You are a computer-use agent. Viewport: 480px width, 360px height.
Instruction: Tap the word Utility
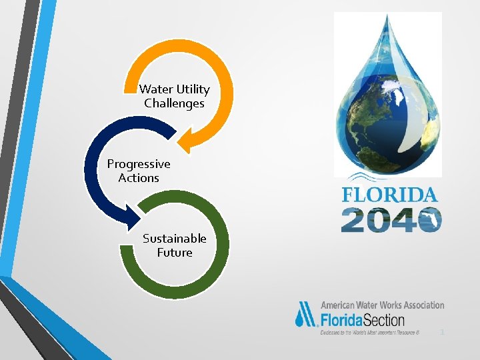(193, 89)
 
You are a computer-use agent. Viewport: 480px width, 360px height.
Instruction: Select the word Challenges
(174, 103)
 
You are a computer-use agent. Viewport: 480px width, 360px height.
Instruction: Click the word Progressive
(139, 164)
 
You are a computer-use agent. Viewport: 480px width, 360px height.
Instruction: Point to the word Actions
(139, 178)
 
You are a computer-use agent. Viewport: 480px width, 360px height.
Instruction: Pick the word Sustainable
(175, 239)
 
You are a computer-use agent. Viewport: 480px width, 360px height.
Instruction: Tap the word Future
(175, 253)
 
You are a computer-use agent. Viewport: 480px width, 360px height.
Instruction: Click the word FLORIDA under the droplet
(390, 195)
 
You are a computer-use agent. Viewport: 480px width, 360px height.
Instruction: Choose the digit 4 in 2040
(403, 220)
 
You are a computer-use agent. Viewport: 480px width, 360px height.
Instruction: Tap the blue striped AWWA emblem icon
(307, 314)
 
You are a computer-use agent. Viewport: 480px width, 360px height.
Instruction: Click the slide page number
(441, 331)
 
